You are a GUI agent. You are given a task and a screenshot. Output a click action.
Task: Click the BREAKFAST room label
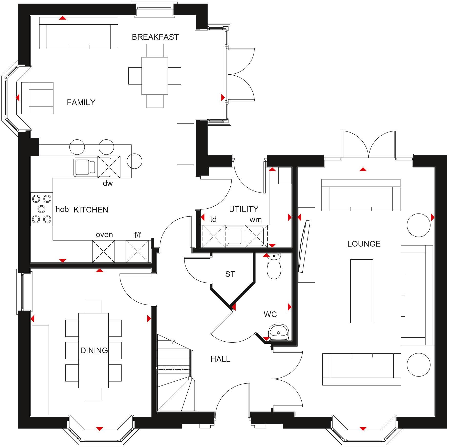coord(155,37)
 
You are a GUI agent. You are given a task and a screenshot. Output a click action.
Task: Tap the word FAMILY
coord(81,103)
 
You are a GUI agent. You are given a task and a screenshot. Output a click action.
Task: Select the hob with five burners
coord(42,209)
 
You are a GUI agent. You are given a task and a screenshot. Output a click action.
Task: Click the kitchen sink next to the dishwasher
coord(85,167)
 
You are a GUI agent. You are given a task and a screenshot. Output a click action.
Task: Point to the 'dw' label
coord(108,183)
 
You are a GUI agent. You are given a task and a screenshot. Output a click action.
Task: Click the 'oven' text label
coord(104,235)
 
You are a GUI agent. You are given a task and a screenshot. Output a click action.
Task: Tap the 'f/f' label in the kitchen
coord(138,235)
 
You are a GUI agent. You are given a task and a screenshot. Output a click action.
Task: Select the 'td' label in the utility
coord(213,219)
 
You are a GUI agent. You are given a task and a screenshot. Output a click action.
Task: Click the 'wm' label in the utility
coord(256,220)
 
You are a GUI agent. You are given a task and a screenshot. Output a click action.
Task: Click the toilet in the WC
coord(274,267)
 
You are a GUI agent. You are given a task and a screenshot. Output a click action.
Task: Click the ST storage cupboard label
coord(230,274)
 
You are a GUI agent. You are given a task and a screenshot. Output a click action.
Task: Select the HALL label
coord(220,359)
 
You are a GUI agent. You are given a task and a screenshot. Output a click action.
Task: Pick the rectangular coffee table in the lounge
coord(362,291)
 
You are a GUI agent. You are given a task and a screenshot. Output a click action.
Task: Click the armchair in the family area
coord(37,98)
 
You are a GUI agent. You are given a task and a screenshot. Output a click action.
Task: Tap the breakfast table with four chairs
coord(155,76)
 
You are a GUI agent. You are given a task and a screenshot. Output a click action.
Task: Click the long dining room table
coord(93,350)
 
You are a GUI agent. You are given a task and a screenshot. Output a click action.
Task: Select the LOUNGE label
coord(364,244)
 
